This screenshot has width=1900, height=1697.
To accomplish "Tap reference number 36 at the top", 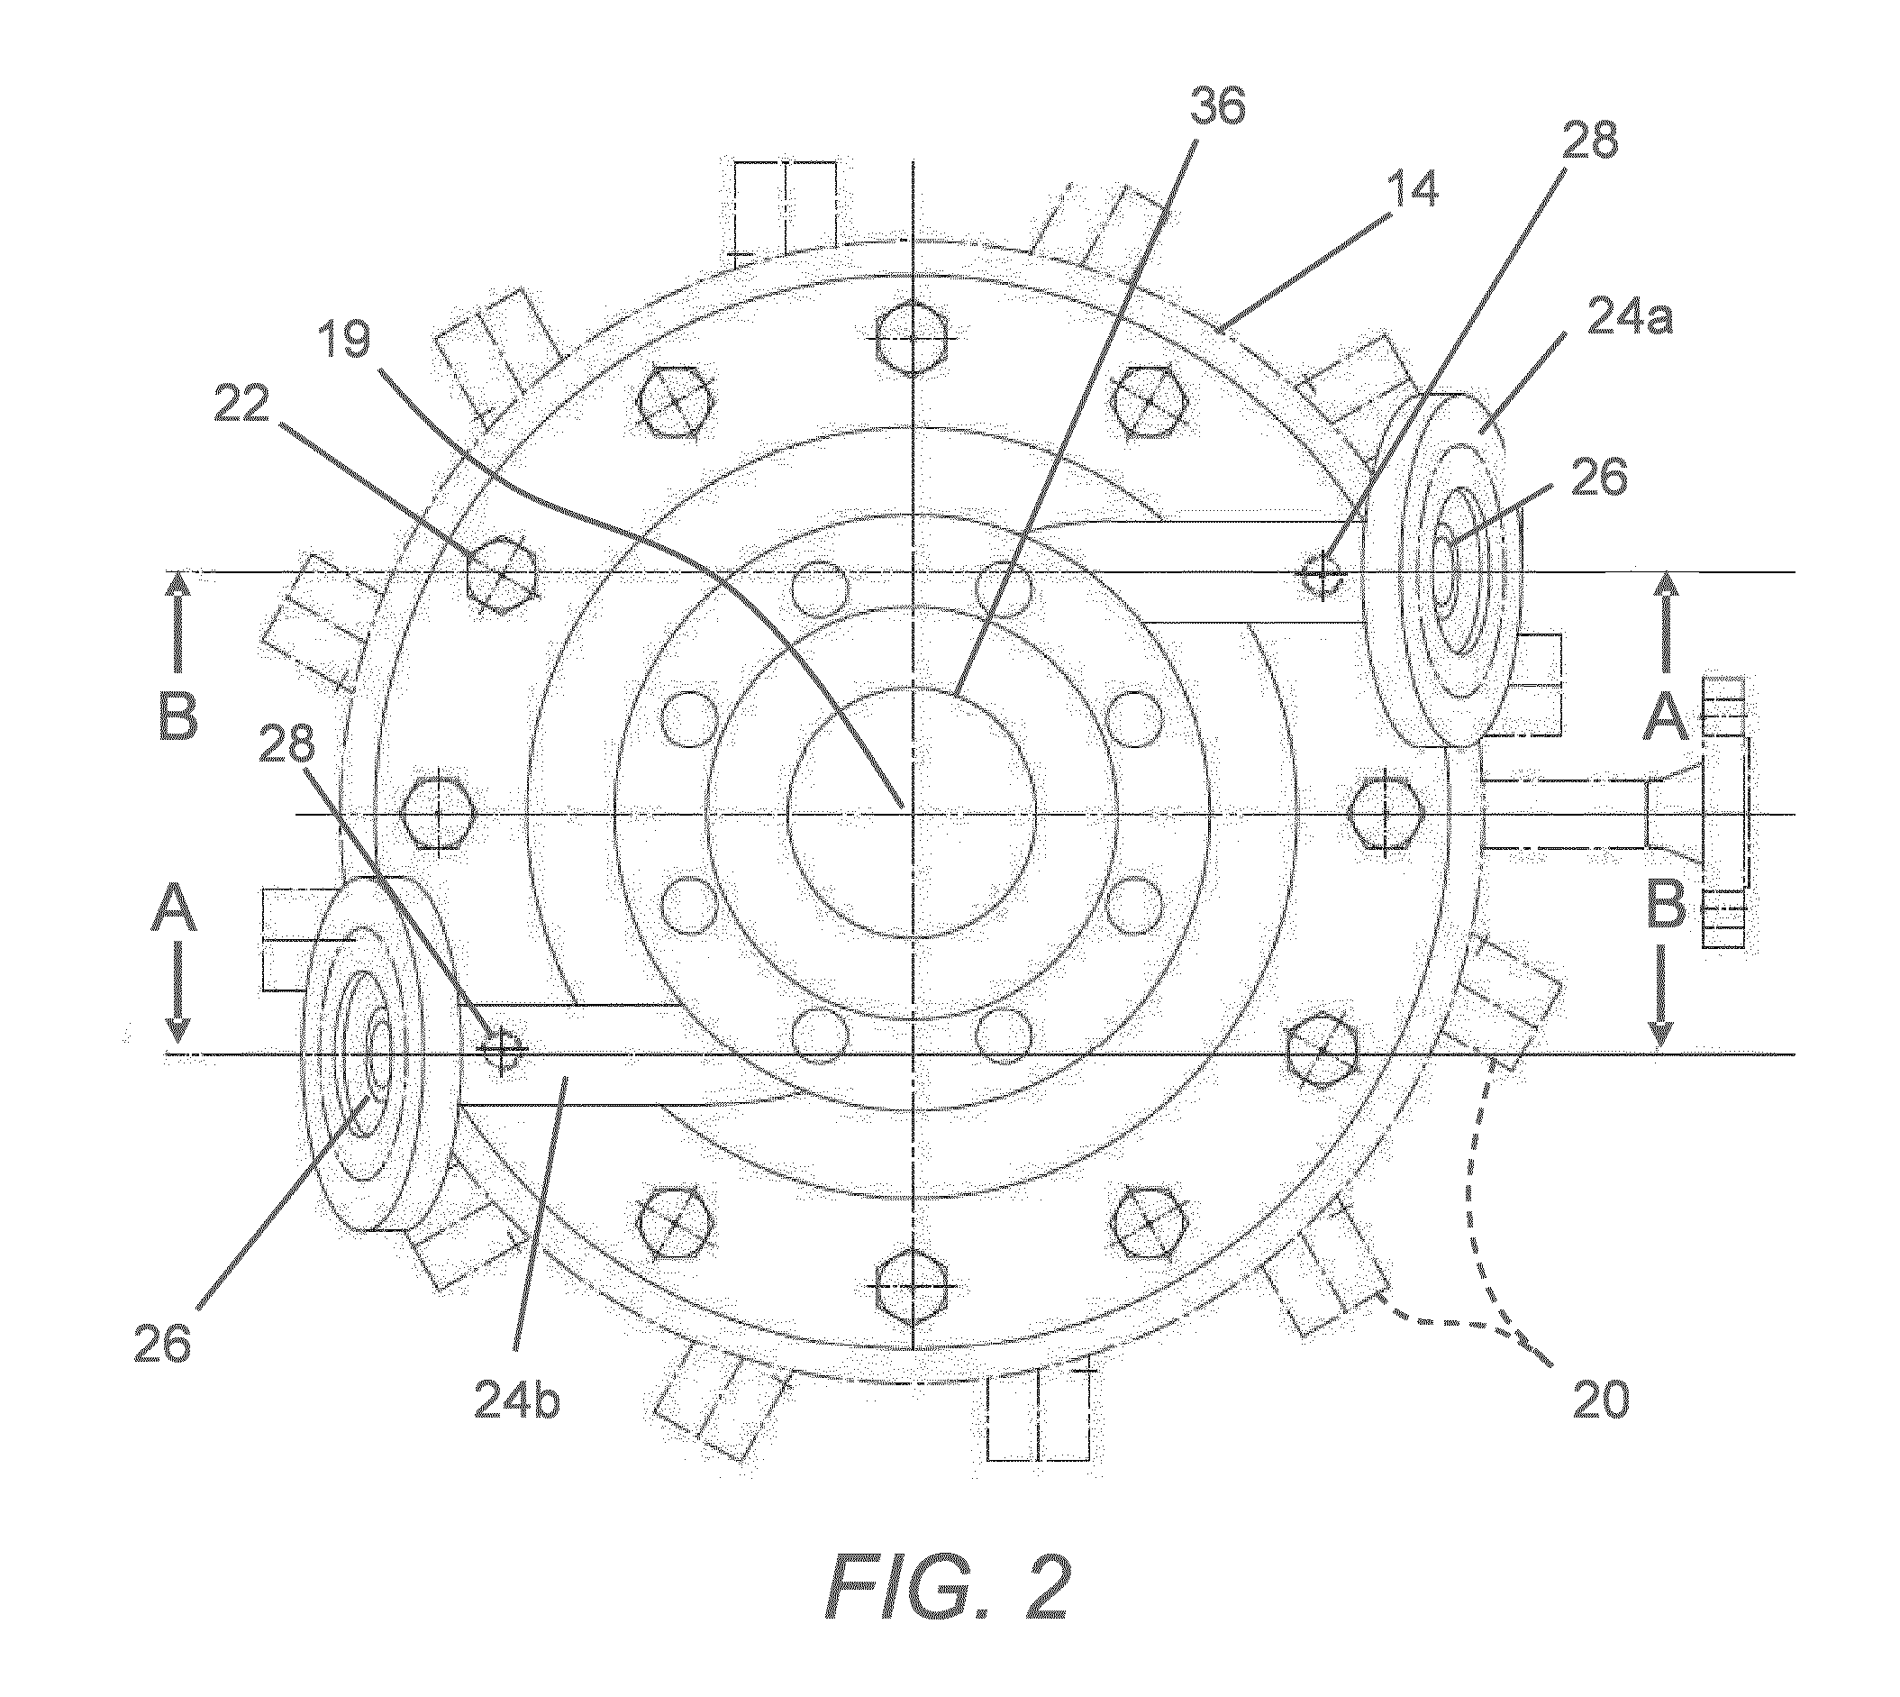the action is pyautogui.click(x=1216, y=108).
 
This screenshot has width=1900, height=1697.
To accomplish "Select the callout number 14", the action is pyautogui.click(x=1409, y=189).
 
